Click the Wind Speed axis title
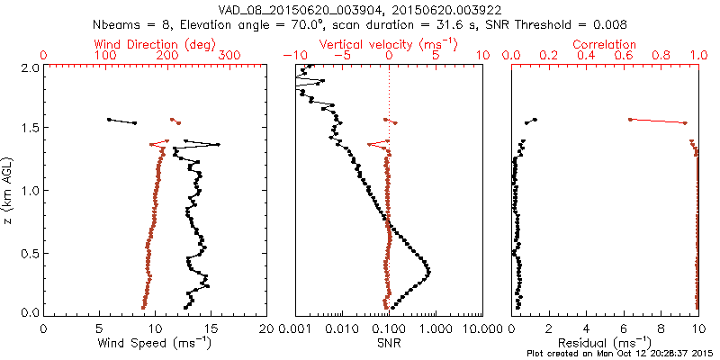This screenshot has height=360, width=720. click(155, 343)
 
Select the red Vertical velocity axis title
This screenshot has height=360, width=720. click(389, 44)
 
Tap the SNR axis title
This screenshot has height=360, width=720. click(389, 343)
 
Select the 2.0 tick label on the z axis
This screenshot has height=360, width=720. click(29, 67)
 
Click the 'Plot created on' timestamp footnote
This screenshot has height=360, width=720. click(620, 354)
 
